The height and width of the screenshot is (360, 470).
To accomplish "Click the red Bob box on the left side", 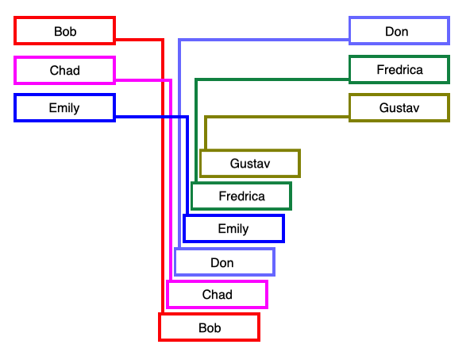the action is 64,31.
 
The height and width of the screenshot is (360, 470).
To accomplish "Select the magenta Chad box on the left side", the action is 64,70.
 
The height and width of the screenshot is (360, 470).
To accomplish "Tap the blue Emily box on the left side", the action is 64,108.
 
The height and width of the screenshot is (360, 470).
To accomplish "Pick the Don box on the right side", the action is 399,31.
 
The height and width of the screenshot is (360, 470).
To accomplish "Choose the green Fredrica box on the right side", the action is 399,69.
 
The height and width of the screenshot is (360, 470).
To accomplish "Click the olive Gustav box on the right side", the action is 399,108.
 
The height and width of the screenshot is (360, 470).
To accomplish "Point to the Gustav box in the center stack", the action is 250,163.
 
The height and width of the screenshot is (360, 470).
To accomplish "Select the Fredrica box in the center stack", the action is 241,196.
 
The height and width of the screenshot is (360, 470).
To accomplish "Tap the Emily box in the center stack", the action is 233,229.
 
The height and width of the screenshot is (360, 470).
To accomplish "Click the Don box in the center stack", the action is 225,262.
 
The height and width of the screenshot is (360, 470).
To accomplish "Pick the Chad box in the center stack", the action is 217,294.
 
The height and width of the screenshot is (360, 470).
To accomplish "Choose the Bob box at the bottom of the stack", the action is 210,327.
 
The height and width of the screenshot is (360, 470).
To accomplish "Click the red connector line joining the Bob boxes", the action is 163,153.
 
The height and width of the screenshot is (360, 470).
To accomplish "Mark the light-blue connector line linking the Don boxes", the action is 179,59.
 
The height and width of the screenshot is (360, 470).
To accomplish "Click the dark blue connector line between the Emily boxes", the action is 187,129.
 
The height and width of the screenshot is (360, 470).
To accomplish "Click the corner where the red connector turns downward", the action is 163,39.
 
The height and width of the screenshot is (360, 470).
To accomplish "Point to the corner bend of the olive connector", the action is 206,117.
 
